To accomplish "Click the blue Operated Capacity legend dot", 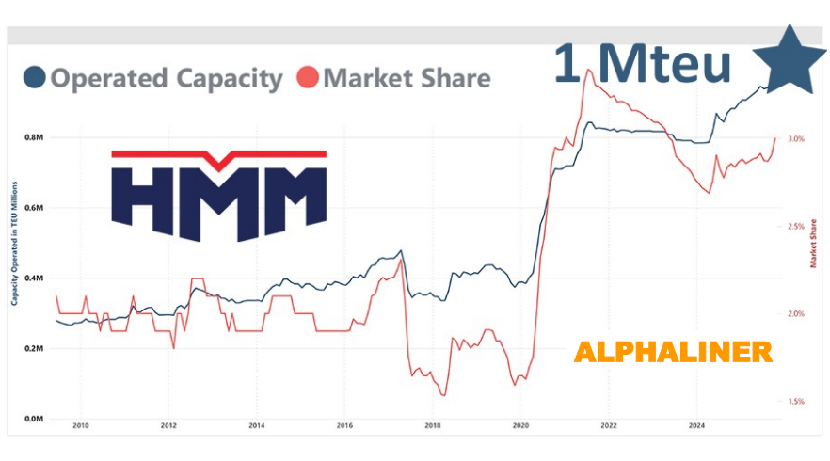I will (35, 78).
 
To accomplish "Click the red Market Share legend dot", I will (309, 78).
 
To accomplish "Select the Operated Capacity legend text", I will (166, 78).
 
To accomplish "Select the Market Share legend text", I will (407, 78).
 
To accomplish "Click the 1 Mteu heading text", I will (643, 64).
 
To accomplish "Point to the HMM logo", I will (218, 192).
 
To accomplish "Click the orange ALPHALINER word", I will (673, 353).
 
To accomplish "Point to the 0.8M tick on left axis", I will (35, 137).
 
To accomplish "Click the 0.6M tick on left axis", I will (35, 208).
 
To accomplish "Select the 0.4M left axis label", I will (35, 278).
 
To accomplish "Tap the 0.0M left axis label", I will (35, 419).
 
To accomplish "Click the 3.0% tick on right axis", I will (796, 139).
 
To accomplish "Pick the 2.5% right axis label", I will (796, 227).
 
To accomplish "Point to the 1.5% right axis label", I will (796, 402).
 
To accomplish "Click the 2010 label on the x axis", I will (81, 426).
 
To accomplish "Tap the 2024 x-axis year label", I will (696, 426).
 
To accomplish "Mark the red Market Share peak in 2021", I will (588, 71).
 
